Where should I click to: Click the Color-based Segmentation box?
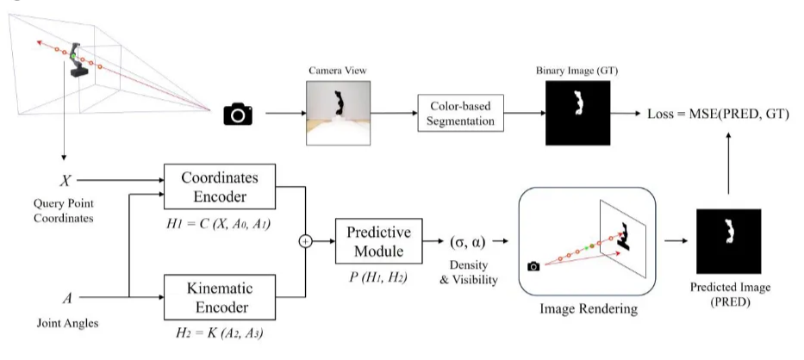(461, 114)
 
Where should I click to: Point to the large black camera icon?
(239, 114)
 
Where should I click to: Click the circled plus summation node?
(304, 242)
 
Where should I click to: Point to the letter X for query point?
(65, 181)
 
